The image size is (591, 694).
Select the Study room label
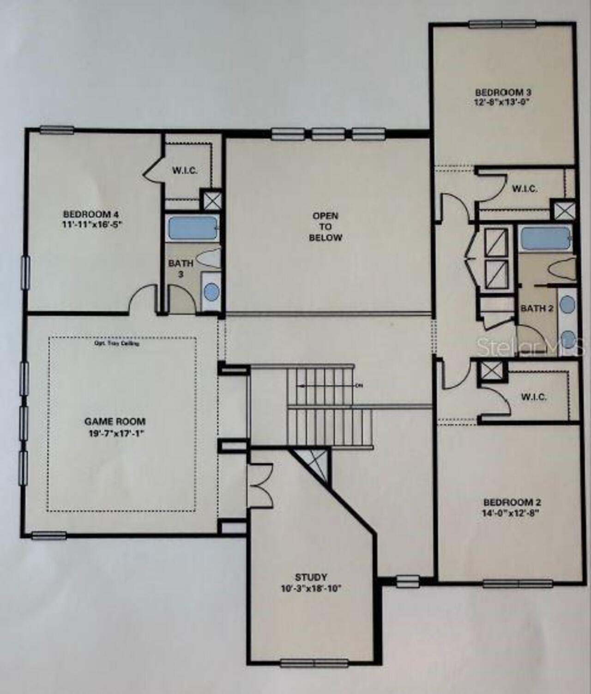[x=311, y=577]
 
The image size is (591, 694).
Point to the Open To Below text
[x=326, y=227]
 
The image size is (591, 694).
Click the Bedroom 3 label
[x=500, y=92]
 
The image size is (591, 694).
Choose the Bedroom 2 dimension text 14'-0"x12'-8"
[x=512, y=513]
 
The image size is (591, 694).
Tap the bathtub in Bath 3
[x=193, y=228]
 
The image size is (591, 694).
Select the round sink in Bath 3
[x=211, y=292]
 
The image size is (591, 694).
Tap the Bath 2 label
[x=537, y=308]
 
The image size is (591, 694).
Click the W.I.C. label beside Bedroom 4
[x=185, y=171]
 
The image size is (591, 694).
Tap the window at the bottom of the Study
[x=314, y=663]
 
